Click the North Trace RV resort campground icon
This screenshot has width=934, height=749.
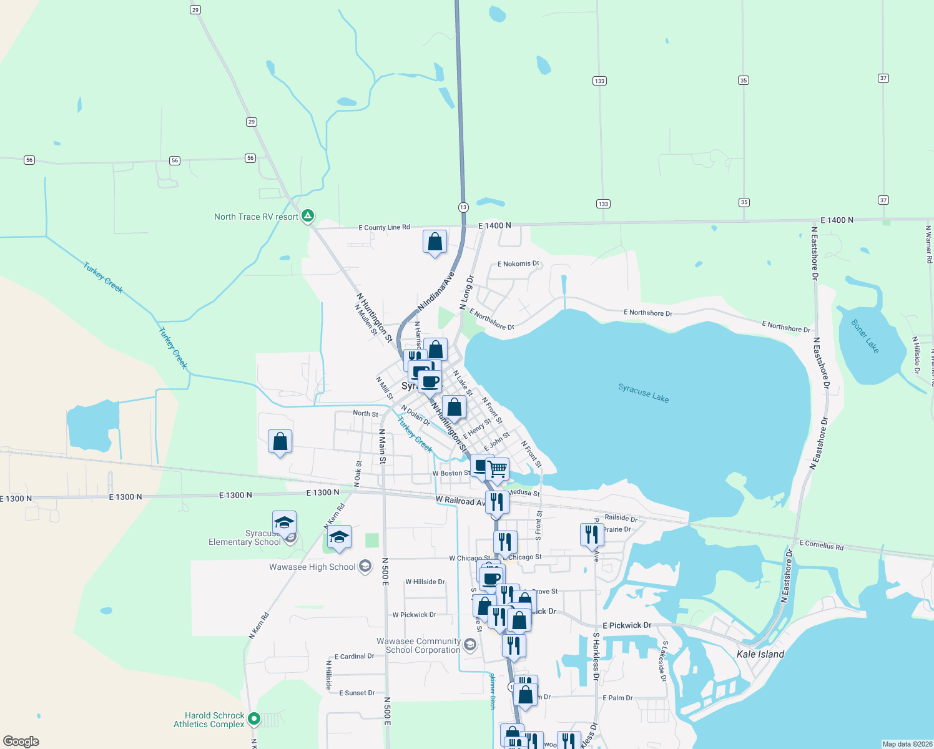pyautogui.click(x=307, y=216)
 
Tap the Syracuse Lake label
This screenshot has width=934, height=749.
pyautogui.click(x=643, y=393)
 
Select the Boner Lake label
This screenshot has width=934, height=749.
pyautogui.click(x=865, y=336)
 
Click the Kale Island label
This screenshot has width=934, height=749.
pyautogui.click(x=760, y=654)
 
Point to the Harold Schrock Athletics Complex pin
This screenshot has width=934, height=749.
pyautogui.click(x=253, y=719)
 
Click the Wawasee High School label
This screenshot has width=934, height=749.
pyautogui.click(x=312, y=567)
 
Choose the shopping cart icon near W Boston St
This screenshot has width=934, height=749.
pyautogui.click(x=497, y=469)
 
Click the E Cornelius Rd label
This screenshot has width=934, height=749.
pyautogui.click(x=821, y=546)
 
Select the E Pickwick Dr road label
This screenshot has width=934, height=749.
pyautogui.click(x=627, y=625)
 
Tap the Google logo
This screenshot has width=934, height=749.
pyautogui.click(x=21, y=742)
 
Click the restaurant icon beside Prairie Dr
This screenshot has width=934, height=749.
pyautogui.click(x=592, y=535)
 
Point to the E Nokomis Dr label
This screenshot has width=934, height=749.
pyautogui.click(x=518, y=264)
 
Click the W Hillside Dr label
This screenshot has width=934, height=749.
pyautogui.click(x=425, y=582)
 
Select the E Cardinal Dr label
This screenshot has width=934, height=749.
pyautogui.click(x=354, y=657)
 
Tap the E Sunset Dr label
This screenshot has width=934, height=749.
pyautogui.click(x=356, y=693)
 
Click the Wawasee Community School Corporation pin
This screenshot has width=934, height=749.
pyautogui.click(x=470, y=644)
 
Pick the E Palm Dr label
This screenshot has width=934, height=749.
pyautogui.click(x=617, y=698)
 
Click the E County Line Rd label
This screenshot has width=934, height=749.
pyautogui.click(x=384, y=227)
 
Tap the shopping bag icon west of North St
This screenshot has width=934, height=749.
pyautogui.click(x=280, y=442)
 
